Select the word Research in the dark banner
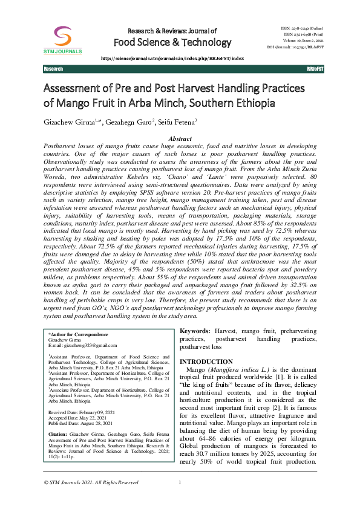coord(53,70)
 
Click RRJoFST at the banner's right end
coord(315,70)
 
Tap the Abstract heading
coord(180,139)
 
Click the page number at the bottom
coord(180,499)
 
